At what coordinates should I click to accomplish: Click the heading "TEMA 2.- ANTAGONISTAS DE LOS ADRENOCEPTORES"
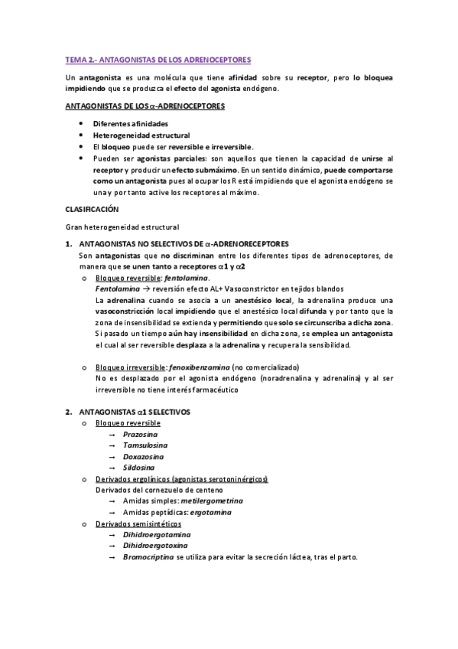pos(158,59)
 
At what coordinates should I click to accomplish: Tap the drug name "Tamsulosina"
pos(145,445)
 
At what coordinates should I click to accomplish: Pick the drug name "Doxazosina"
pos(144,456)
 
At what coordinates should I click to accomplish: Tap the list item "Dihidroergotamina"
pos(157,534)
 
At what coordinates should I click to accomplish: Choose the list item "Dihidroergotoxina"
pos(156,546)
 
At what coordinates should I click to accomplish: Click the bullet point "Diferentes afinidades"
pos(131,123)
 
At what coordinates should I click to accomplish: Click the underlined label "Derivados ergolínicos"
pos(133,478)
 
